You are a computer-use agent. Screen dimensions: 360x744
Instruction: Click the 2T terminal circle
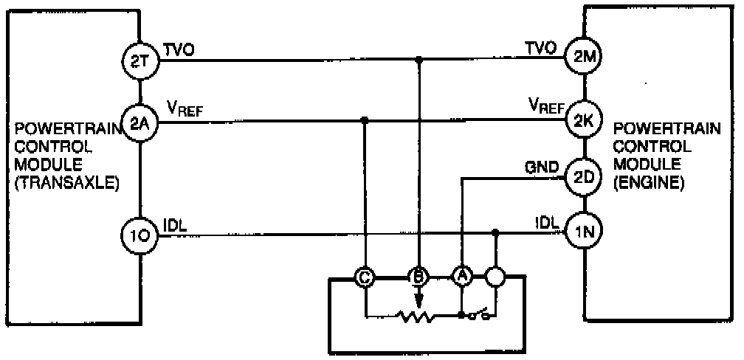pos(140,63)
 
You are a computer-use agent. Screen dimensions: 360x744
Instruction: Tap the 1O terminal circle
pos(140,235)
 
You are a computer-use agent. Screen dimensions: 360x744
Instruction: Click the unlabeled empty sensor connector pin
pos(495,278)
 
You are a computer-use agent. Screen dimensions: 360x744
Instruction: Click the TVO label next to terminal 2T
pos(177,49)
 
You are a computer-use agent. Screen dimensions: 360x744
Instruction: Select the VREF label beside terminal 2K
pos(545,106)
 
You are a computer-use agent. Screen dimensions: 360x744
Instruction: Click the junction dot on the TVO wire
pos(419,58)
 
